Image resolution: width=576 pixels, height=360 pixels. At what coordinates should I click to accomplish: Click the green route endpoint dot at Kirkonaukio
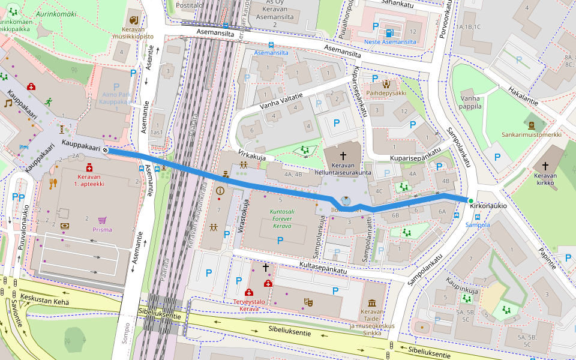pos(471,200)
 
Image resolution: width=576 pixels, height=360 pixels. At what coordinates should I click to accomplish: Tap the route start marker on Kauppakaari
pos(105,150)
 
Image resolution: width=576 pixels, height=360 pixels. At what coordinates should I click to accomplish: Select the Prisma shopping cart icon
pos(103,220)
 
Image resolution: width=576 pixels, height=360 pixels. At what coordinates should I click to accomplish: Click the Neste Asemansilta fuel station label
pos(390,42)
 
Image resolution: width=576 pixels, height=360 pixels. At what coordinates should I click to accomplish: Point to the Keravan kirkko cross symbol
pos(545,166)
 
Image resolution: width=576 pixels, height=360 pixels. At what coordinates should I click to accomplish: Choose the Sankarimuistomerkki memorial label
pos(532,135)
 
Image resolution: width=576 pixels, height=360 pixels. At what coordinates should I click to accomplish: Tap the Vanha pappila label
pos(471,102)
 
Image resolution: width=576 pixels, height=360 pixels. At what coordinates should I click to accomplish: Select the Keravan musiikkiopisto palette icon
pos(133,20)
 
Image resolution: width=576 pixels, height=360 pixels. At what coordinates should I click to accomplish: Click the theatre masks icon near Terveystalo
pos(308,301)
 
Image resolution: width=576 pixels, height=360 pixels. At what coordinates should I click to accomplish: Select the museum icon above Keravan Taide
pos(371,302)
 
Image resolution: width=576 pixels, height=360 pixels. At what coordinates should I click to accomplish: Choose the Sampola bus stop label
pos(478,225)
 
